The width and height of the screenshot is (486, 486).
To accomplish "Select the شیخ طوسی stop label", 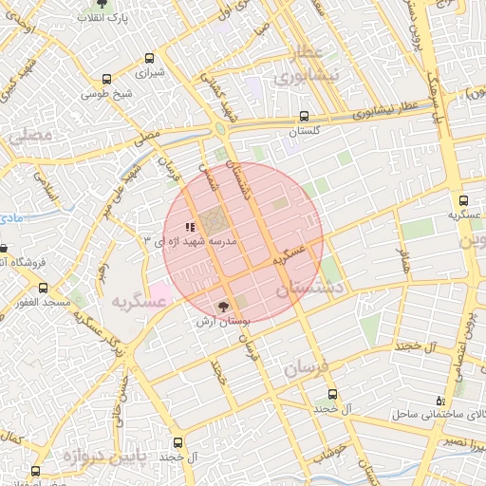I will [105, 94].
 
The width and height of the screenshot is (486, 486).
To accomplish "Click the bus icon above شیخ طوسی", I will [106, 80].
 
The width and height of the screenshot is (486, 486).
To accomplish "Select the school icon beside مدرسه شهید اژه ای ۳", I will [190, 228].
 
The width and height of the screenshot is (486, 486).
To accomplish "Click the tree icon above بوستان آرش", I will [224, 307].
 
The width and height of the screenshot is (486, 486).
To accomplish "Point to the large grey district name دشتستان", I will [308, 290].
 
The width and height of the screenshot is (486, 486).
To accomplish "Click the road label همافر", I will [403, 258].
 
